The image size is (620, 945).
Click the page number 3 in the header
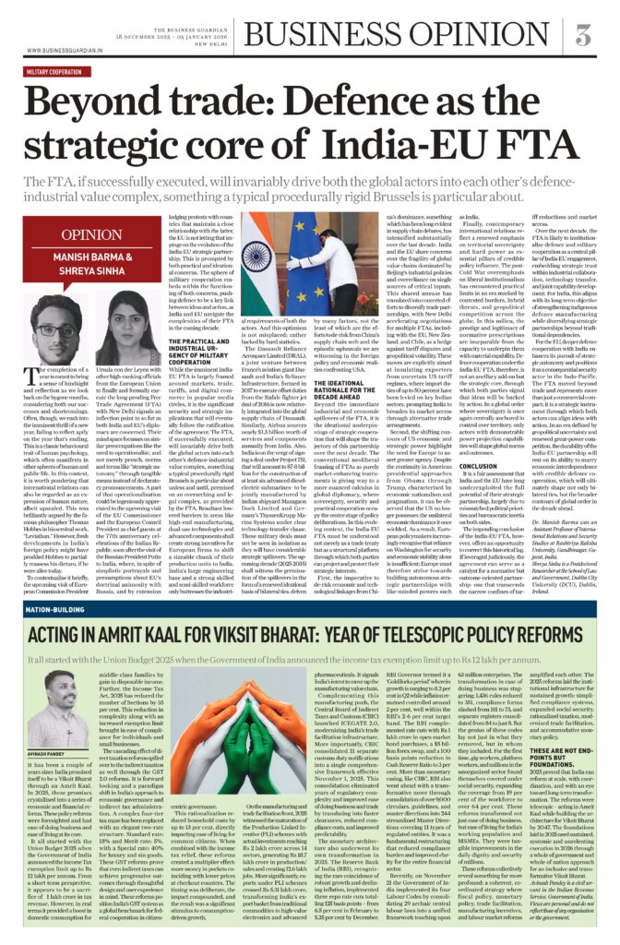583,36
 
